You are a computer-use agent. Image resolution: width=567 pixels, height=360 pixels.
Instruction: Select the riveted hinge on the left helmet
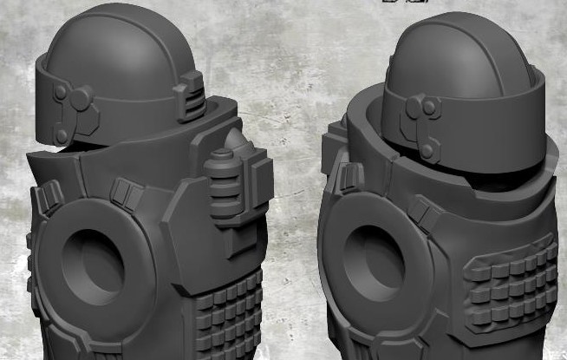69,113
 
